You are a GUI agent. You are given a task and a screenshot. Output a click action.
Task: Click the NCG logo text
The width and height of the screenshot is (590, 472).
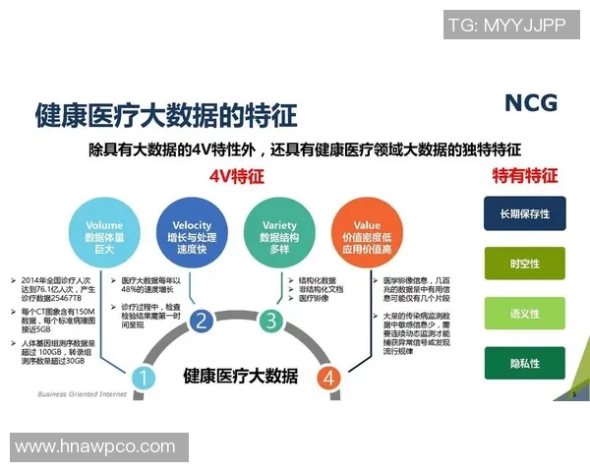(x=531, y=102)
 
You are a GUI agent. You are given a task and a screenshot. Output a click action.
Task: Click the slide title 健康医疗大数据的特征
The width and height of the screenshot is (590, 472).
(x=165, y=114)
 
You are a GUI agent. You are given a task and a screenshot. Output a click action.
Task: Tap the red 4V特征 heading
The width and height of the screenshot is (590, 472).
(x=237, y=177)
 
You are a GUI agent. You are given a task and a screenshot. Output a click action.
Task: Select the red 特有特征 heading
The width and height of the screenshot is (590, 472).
(x=524, y=176)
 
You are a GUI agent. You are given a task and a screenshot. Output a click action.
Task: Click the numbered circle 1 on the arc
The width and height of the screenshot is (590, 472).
(x=143, y=378)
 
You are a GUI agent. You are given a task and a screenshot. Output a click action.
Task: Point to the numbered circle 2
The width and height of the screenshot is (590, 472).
(x=201, y=320)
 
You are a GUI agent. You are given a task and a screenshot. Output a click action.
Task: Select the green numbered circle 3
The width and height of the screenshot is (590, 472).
(x=268, y=320)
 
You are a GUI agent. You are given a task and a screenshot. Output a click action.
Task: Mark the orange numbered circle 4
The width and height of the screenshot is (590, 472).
(x=329, y=378)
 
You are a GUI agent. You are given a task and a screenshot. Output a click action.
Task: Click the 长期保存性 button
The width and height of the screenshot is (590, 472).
(x=524, y=213)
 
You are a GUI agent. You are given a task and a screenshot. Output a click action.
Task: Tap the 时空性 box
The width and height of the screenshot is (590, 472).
(x=524, y=264)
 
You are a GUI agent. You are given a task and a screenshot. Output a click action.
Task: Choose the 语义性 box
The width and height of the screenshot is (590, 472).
(x=524, y=314)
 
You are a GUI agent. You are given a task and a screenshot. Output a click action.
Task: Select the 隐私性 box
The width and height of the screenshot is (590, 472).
(x=524, y=364)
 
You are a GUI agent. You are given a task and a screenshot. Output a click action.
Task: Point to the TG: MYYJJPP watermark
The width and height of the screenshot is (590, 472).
(x=505, y=27)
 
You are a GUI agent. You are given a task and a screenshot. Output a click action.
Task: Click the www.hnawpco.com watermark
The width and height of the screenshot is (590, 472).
(x=95, y=446)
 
